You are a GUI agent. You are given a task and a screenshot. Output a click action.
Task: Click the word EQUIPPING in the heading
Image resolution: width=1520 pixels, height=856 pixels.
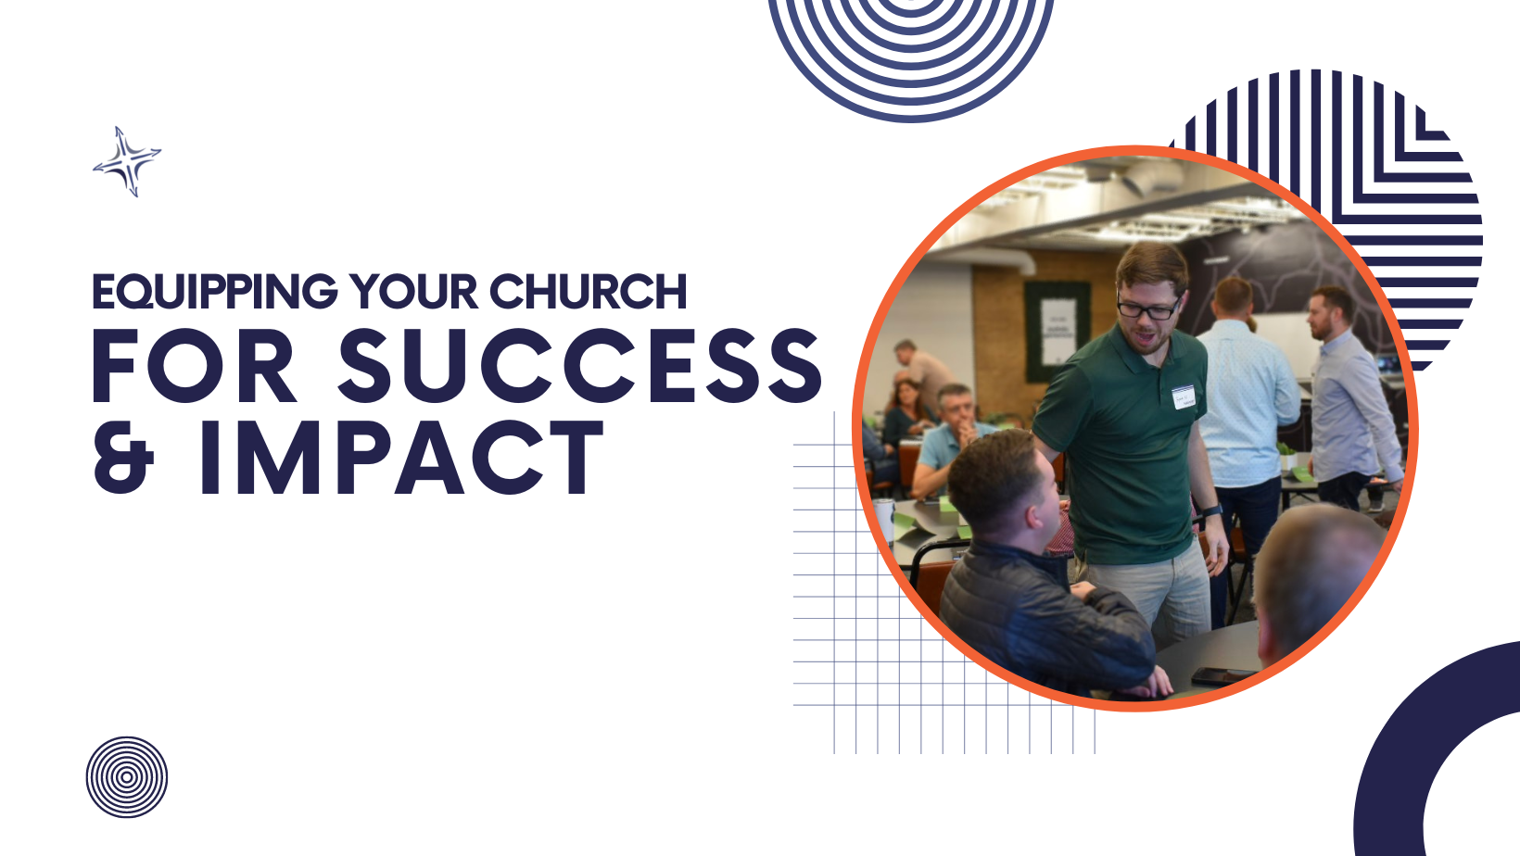click(214, 293)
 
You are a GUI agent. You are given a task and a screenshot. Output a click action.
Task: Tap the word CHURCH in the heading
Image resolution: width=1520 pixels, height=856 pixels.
click(589, 293)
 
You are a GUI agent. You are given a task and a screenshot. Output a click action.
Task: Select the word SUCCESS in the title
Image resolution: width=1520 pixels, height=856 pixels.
click(580, 366)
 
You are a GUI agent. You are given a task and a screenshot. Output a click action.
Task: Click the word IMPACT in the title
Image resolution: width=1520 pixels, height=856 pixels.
click(400, 457)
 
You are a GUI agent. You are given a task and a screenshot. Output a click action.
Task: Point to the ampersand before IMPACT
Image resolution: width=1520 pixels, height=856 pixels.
click(123, 458)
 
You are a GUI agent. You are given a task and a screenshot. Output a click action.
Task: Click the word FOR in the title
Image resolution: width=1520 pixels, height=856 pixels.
click(194, 366)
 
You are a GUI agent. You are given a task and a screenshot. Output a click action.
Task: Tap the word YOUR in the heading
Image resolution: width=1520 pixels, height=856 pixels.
click(414, 293)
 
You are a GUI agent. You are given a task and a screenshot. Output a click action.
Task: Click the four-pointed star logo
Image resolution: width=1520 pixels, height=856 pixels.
click(127, 161)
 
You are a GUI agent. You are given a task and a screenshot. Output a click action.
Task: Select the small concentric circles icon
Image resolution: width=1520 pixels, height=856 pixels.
click(127, 777)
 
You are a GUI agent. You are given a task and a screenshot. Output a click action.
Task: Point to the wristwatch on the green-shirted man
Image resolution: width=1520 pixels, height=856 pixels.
click(1212, 510)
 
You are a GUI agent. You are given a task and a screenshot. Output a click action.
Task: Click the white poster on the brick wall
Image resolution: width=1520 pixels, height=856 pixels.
click(1058, 331)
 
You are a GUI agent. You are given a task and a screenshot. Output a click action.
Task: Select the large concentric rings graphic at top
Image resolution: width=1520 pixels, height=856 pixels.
click(911, 47)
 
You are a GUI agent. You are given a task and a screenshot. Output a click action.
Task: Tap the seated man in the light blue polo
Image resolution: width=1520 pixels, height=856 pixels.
click(946, 441)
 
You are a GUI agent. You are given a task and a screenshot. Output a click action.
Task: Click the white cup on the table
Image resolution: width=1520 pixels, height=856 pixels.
click(885, 520)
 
